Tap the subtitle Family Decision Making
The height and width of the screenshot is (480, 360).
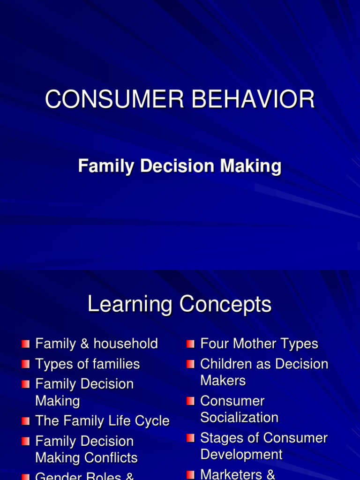point(180,166)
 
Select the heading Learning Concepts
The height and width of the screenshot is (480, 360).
point(180,305)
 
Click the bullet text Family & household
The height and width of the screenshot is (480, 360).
point(97,344)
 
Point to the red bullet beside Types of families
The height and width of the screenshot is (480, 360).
point(26,364)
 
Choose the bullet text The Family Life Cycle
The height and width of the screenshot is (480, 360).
point(102,420)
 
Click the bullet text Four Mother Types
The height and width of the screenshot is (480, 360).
point(259,344)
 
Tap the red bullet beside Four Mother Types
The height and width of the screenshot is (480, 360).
point(190,344)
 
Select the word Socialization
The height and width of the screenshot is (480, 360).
point(239,417)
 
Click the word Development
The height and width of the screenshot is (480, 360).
point(241,454)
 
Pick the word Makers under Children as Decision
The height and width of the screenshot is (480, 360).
point(223,380)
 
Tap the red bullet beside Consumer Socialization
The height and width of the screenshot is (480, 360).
point(190,401)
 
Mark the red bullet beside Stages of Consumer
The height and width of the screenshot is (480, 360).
point(190,438)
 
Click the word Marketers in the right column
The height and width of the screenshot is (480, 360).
point(231,474)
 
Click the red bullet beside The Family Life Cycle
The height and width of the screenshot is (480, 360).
point(26,421)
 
